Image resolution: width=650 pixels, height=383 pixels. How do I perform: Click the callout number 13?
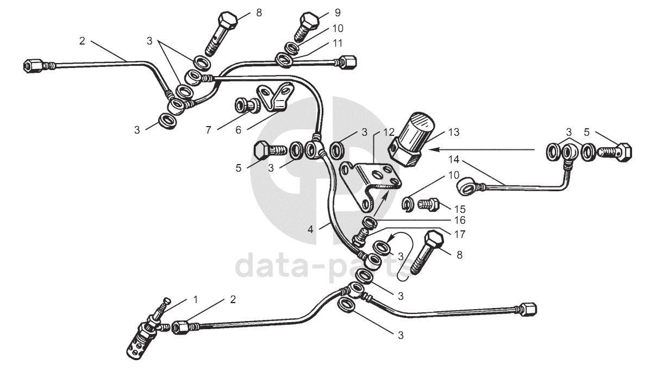tap(454, 131)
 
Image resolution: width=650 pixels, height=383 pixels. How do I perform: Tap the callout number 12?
tap(388, 131)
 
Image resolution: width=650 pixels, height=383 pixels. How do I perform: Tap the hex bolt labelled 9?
tap(308, 24)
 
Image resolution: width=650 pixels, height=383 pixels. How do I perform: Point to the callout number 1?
tap(196, 299)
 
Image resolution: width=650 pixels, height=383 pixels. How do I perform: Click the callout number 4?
tap(311, 229)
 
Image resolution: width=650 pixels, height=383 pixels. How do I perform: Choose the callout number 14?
tap(454, 159)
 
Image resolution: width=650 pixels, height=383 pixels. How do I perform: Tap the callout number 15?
tap(459, 209)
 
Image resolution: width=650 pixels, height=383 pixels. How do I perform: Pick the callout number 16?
tap(460, 221)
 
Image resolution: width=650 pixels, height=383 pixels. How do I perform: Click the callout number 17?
tap(460, 234)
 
